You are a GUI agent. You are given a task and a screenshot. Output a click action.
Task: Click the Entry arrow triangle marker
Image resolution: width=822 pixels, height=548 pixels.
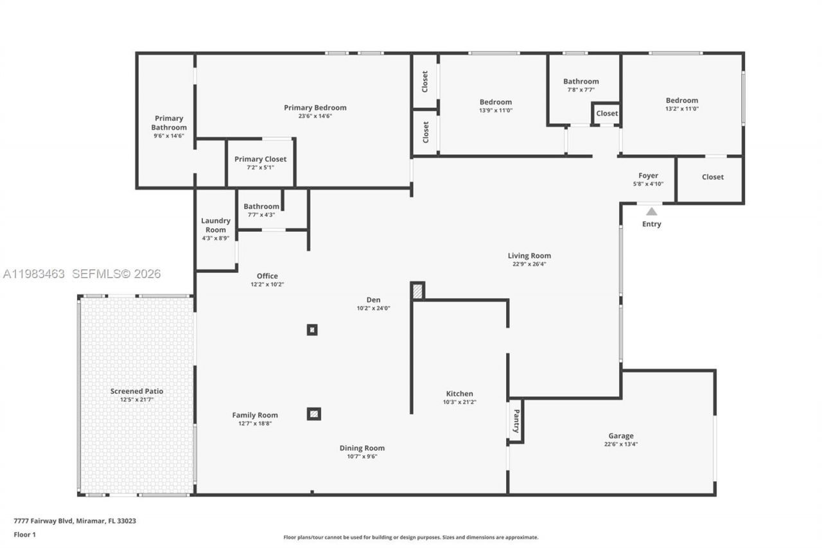(x=651, y=211)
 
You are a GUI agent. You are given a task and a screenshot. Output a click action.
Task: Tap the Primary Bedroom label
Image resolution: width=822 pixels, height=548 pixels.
(x=315, y=107)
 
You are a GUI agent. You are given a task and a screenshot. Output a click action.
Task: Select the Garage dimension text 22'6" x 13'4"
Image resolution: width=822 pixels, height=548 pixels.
(x=620, y=444)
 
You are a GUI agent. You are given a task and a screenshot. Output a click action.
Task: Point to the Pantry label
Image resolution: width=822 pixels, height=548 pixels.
(x=516, y=421)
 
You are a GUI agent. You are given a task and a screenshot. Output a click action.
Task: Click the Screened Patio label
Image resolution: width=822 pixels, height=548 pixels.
(x=137, y=391)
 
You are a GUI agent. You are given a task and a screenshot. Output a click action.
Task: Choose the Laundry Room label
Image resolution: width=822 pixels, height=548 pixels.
(x=215, y=225)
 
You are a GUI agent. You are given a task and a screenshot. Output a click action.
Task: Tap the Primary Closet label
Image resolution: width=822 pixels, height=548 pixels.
(x=260, y=159)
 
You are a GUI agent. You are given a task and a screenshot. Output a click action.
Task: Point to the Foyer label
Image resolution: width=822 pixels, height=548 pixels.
(x=648, y=175)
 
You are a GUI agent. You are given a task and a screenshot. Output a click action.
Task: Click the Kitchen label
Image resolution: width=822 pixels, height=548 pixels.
(x=459, y=394)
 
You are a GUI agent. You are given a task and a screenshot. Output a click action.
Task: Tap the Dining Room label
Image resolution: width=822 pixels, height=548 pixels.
(x=362, y=448)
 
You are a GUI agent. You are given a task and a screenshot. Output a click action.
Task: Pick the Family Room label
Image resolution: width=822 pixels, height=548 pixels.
(x=255, y=415)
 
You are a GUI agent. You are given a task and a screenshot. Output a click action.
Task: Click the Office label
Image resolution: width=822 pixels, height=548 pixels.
(x=267, y=276)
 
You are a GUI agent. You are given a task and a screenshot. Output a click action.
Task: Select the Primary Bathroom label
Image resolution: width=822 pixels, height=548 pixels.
(x=169, y=123)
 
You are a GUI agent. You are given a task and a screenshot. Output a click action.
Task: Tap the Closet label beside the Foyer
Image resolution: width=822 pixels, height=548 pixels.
(x=712, y=177)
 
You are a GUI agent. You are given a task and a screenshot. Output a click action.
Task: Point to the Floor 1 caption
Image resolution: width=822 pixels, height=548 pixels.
(x=25, y=535)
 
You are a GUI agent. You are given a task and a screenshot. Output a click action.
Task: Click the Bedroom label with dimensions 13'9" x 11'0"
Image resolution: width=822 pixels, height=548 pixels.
(x=495, y=102)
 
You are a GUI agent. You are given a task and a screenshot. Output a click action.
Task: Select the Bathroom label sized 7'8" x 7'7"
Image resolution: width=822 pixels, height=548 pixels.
(x=581, y=81)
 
